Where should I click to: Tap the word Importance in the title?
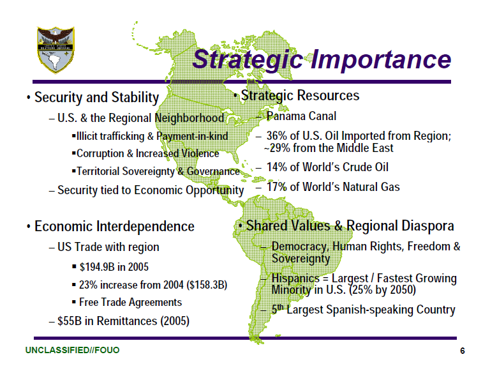tap(381, 59)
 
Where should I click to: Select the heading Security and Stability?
tap(96, 98)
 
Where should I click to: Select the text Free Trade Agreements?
tap(130, 302)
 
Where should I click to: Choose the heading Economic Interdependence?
tap(114, 227)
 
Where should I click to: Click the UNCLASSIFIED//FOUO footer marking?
tap(72, 351)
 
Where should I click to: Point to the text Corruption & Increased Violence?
tap(147, 154)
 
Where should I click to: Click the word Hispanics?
tap(296, 278)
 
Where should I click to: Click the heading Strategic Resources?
tap(300, 96)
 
